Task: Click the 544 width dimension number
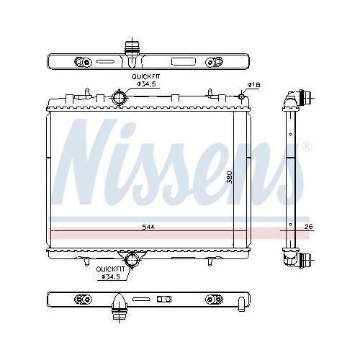(x=148, y=227)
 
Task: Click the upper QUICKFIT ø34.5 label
(x=144, y=81)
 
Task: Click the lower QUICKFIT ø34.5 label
(x=111, y=273)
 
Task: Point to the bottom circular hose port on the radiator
(x=131, y=260)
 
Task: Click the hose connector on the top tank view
(x=131, y=48)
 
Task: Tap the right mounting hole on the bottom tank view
(x=212, y=298)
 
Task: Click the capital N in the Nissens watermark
(x=90, y=155)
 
